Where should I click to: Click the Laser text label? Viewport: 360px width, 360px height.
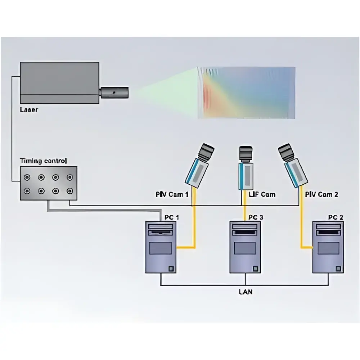coord(29,109)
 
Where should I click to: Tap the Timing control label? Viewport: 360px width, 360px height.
coord(44,161)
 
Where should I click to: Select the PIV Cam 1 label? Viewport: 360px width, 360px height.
coord(172,194)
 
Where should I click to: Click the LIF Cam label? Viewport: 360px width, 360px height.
coord(262,194)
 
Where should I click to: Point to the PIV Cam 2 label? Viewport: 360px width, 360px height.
coord(321,194)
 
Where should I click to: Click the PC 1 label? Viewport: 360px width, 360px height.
coord(172,217)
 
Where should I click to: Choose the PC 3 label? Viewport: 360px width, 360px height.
coord(256,217)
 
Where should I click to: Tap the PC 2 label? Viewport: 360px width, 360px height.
coord(336,217)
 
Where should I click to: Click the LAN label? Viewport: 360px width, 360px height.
coord(246,292)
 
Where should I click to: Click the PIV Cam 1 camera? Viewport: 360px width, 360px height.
coord(199,165)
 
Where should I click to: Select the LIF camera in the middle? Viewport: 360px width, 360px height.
coord(246,168)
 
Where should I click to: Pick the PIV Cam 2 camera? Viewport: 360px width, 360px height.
coord(293,165)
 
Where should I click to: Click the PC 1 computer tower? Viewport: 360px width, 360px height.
coord(161,247)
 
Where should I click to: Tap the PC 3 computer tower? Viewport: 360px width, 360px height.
coord(245,247)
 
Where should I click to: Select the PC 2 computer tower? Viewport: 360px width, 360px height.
coord(328,247)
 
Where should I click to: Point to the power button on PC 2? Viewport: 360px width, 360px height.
coord(338,269)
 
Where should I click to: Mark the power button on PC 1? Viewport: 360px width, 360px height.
coord(171,269)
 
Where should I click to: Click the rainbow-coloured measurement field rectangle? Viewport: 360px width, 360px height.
coord(246,93)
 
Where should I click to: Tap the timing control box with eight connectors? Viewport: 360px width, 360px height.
coord(49,184)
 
